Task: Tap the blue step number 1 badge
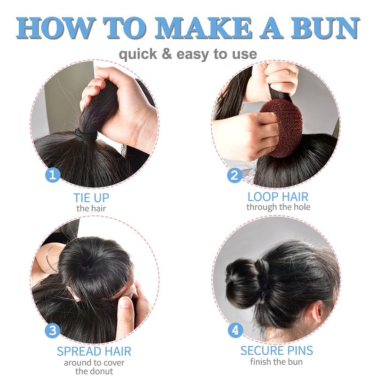pyautogui.click(x=53, y=175)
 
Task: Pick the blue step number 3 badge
pyautogui.click(x=53, y=330)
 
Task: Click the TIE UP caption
pyautogui.click(x=91, y=197)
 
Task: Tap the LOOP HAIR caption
pyautogui.click(x=278, y=196)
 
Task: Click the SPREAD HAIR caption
pyautogui.click(x=94, y=351)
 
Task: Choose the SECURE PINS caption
pyautogui.click(x=276, y=350)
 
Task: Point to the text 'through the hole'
pyautogui.click(x=278, y=207)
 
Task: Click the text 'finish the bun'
pyautogui.click(x=276, y=361)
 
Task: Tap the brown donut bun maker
pyautogui.click(x=282, y=127)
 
